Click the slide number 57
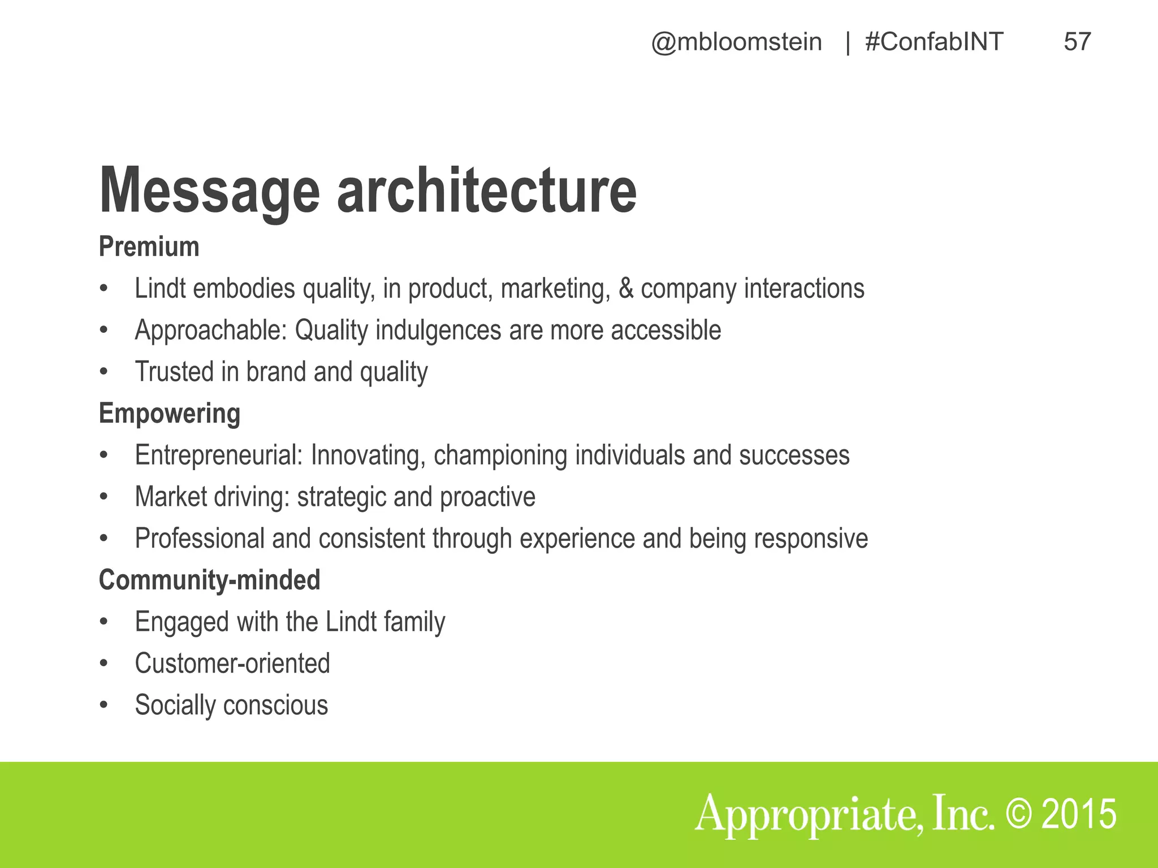[x=1077, y=42]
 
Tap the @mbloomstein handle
[x=736, y=42]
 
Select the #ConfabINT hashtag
[x=934, y=42]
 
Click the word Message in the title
[x=209, y=191]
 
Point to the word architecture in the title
[x=487, y=191]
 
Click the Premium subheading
[x=149, y=247]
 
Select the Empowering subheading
[x=170, y=414]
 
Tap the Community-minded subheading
[x=209, y=580]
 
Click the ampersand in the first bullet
[x=625, y=289]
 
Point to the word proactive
[x=487, y=497]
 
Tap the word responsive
[x=811, y=539]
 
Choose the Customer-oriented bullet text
[x=232, y=663]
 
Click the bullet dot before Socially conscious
[x=103, y=705]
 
